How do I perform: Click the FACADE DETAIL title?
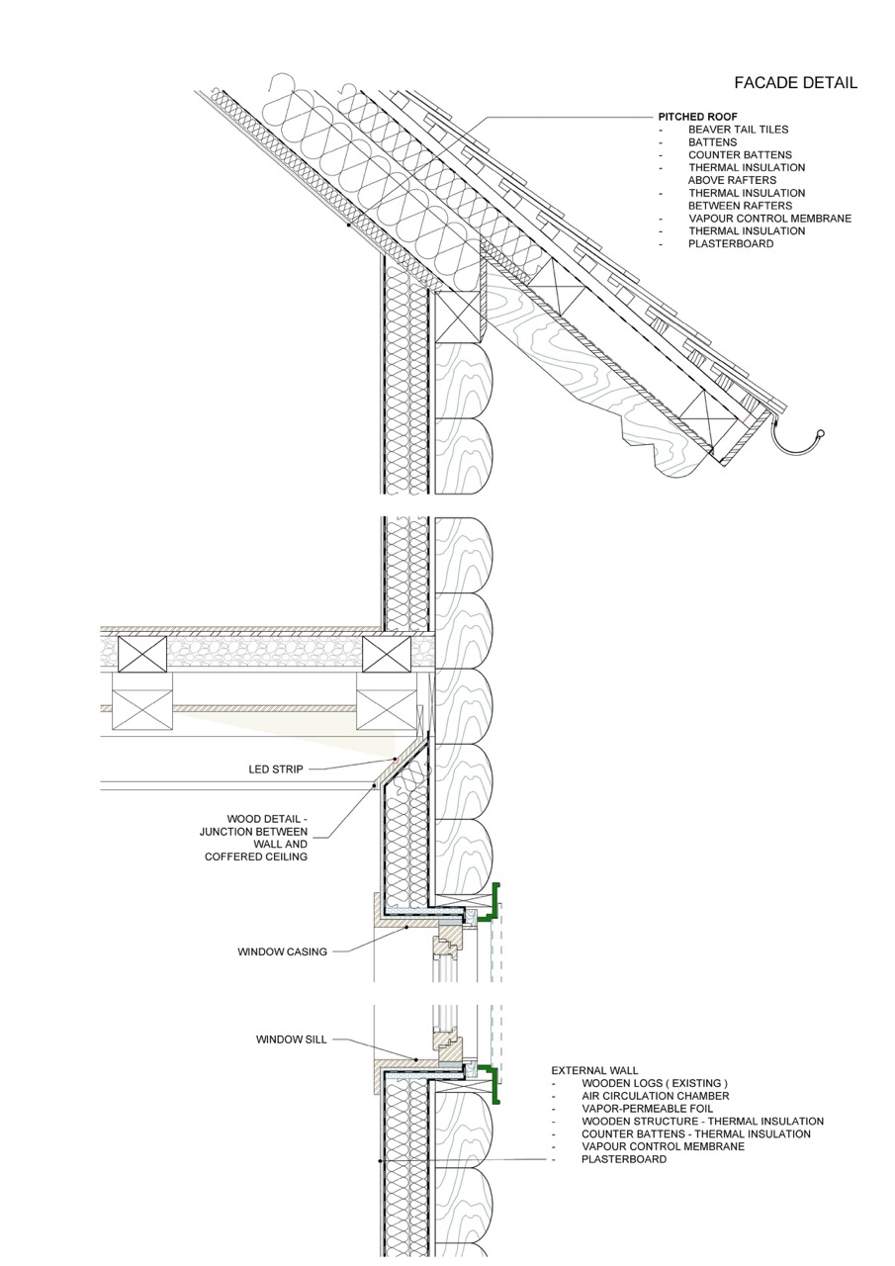coord(795,83)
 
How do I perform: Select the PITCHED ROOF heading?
coord(697,117)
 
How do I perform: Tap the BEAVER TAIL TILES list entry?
coord(738,130)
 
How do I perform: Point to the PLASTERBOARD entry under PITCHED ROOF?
coord(731,243)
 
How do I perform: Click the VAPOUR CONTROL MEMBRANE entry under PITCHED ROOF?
coord(769,219)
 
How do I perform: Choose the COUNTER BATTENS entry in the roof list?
coord(740,155)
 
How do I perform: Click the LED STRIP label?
coord(276,769)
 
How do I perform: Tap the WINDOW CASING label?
coord(282,952)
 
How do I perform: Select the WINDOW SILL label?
coord(291,1040)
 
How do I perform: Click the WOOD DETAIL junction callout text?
coord(256,838)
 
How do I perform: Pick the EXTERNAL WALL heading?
coord(594,1070)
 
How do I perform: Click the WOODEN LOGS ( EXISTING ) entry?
coord(654,1083)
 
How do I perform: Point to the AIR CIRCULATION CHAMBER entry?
coord(655,1096)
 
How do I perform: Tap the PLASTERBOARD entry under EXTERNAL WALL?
coord(623,1159)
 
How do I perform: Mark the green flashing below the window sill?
coord(493,1084)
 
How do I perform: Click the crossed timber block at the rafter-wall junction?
coord(458,317)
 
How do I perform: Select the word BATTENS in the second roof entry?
coord(712,142)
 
